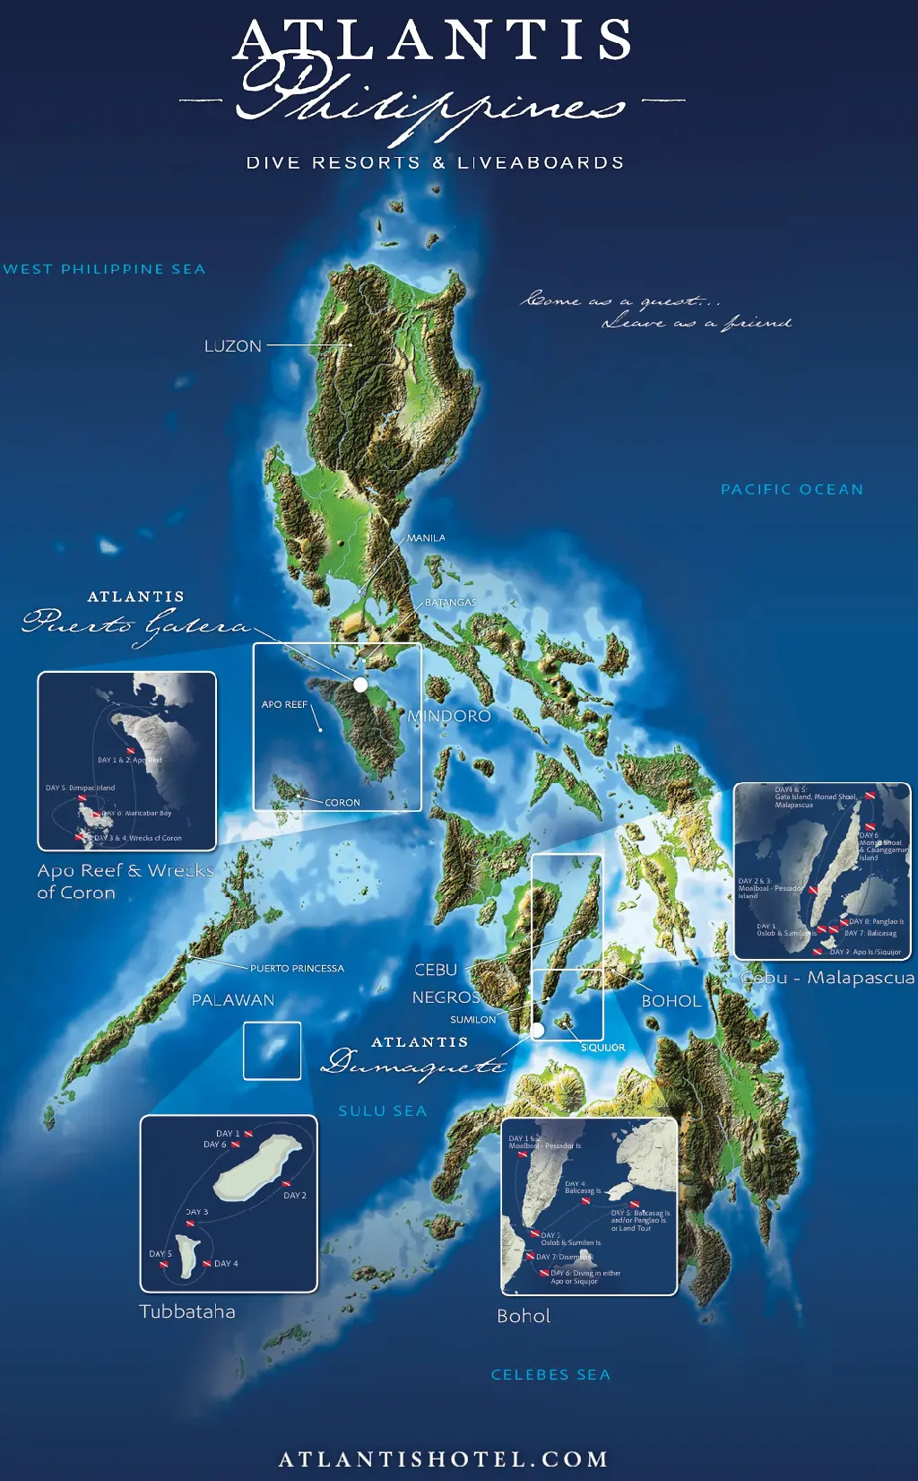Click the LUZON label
[233, 346]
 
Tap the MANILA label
[426, 538]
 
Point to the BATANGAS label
[450, 603]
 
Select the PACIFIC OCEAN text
[792, 490]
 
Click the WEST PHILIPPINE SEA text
[104, 269]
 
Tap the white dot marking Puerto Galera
[360, 684]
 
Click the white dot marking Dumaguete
[538, 1031]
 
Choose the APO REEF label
[284, 705]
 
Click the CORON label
[342, 803]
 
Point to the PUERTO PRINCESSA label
[297, 969]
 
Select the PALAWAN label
[233, 1000]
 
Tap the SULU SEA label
[382, 1111]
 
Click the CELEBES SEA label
[550, 1375]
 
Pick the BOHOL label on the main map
[671, 1001]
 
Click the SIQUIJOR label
[602, 1048]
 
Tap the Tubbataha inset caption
[187, 1311]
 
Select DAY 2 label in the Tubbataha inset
[295, 1196]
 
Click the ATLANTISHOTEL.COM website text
[444, 1459]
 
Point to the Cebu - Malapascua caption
[827, 978]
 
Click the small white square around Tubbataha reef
[273, 1050]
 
